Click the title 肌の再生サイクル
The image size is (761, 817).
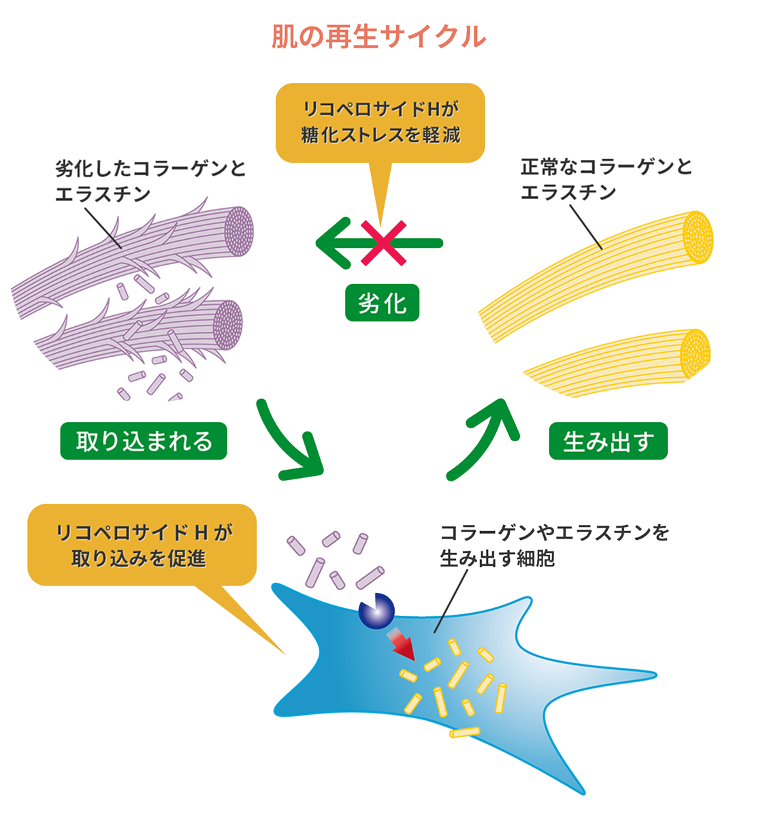379,37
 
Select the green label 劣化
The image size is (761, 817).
382,304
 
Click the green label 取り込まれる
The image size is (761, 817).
144,442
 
